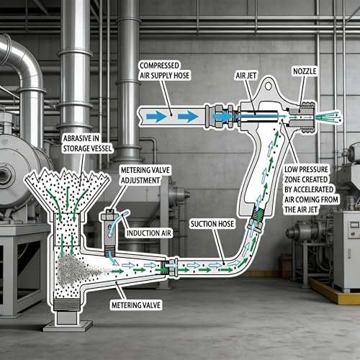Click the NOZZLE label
click(305, 71)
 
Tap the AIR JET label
click(246, 76)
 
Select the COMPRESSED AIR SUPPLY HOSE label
click(164, 71)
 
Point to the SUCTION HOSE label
click(212, 224)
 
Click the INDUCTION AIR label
click(149, 233)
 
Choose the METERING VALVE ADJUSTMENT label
click(145, 175)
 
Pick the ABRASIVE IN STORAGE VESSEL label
click(87, 143)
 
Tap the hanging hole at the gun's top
click(269, 86)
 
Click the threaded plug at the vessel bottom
click(67, 305)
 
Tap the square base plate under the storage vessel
click(68, 325)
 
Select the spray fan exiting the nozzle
click(329, 117)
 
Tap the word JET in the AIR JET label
click(251, 76)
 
